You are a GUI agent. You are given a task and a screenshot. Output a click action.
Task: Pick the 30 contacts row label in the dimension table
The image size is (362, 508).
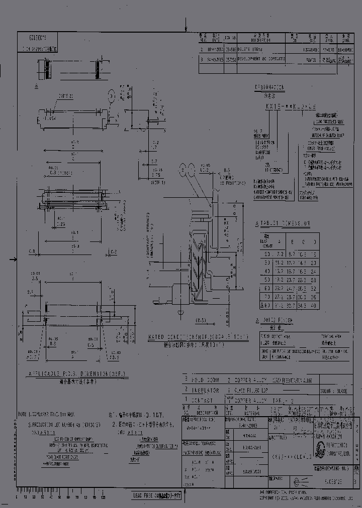(266, 263)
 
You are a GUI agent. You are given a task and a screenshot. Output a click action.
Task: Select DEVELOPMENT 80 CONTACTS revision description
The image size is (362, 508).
(261, 59)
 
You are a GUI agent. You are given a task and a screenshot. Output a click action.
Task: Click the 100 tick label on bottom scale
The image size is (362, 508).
(103, 496)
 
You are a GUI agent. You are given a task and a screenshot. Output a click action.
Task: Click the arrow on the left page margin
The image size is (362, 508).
(14, 260)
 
